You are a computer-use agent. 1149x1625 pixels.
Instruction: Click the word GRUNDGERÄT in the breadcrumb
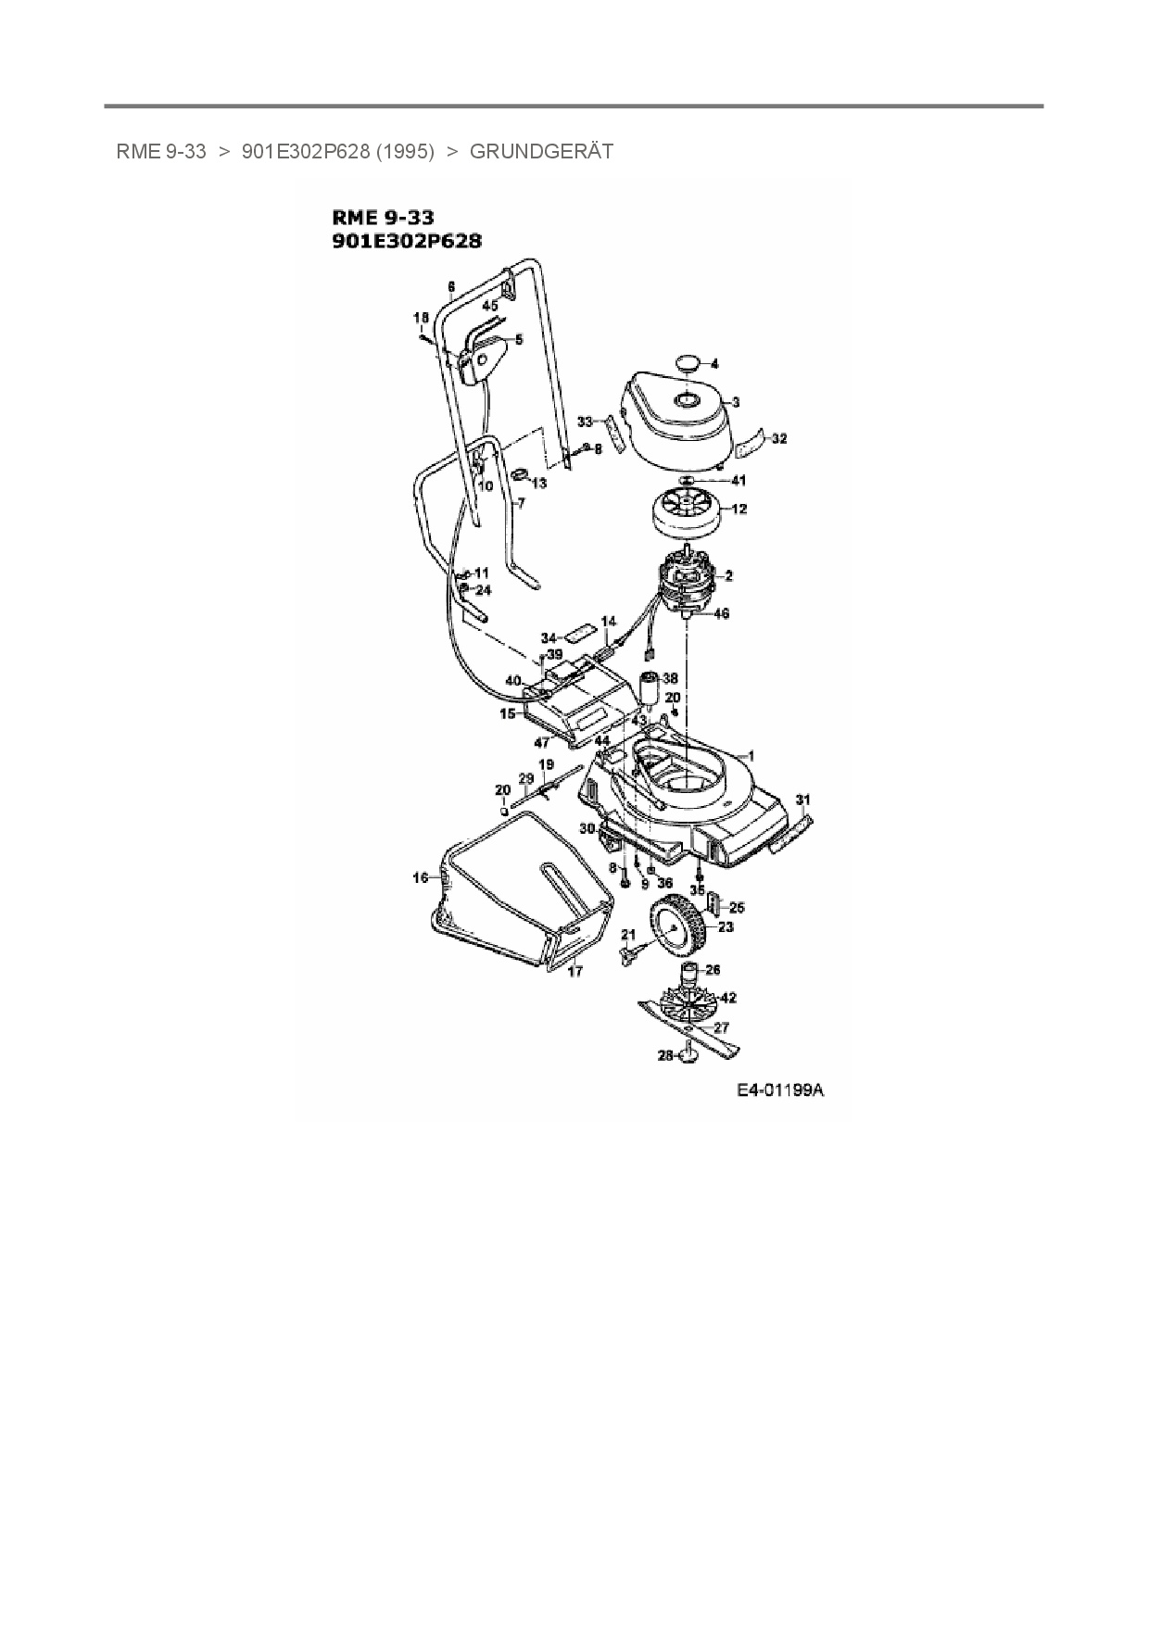click(x=541, y=152)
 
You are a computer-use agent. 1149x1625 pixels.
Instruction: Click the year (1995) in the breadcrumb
click(x=405, y=152)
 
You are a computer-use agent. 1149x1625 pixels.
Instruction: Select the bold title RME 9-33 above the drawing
click(x=383, y=219)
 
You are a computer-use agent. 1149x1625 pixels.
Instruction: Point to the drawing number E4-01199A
click(x=780, y=1090)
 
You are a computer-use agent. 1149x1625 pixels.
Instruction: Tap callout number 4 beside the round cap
click(x=714, y=364)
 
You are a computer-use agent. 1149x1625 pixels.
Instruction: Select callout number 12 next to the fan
click(x=739, y=509)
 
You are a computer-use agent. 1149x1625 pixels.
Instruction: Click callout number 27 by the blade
click(x=720, y=1027)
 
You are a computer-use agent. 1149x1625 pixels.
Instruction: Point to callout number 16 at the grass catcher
click(x=421, y=877)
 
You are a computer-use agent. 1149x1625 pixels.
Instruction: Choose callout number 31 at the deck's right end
click(x=803, y=800)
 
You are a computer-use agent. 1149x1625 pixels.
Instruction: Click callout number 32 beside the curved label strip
click(x=779, y=438)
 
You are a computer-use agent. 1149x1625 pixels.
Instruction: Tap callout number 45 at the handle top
click(x=489, y=305)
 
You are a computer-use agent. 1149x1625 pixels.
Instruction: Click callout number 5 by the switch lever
click(x=519, y=340)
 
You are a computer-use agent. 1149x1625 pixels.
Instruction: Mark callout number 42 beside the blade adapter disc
click(x=728, y=998)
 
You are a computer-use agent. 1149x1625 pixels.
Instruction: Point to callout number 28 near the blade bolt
click(x=665, y=1055)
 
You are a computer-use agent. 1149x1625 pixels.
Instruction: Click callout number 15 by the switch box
click(x=508, y=714)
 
